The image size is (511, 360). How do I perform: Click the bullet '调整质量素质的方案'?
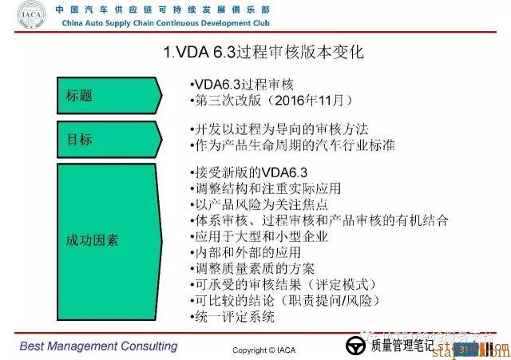click(255, 268)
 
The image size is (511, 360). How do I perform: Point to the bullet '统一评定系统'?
click(234, 317)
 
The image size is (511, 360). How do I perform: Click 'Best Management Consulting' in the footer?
click(98, 346)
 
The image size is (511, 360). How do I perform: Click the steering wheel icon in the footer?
click(354, 347)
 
